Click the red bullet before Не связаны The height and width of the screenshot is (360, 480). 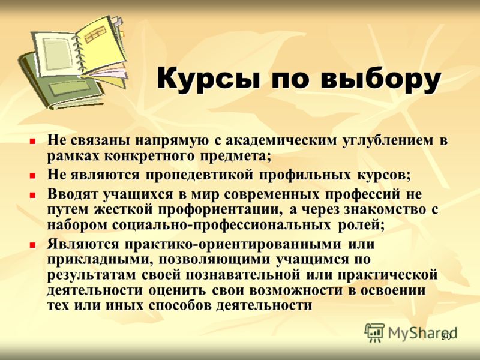[x=32, y=142]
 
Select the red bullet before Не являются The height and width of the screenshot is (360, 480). [x=32, y=176]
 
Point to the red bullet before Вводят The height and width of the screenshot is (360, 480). [x=32, y=195]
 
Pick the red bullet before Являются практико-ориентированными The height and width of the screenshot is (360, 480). [x=32, y=245]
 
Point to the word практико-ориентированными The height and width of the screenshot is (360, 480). [x=233, y=245]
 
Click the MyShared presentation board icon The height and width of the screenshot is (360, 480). [x=374, y=332]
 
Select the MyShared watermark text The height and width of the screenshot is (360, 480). [x=422, y=333]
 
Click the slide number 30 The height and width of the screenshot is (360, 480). [x=446, y=337]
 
